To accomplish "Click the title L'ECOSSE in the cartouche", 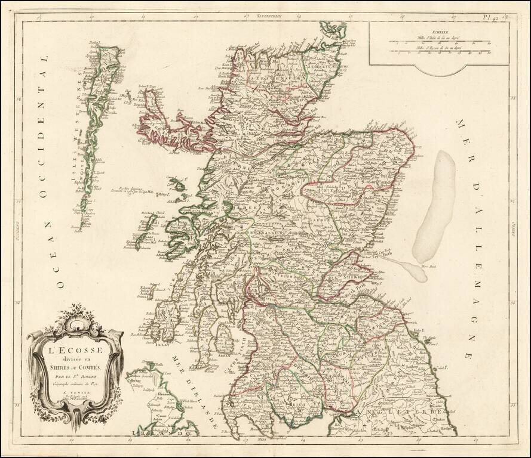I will pos(75,349).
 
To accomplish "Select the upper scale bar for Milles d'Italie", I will pos(440,42).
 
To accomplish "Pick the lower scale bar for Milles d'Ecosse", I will pos(440,51).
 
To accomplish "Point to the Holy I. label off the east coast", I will pos(419,330).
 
